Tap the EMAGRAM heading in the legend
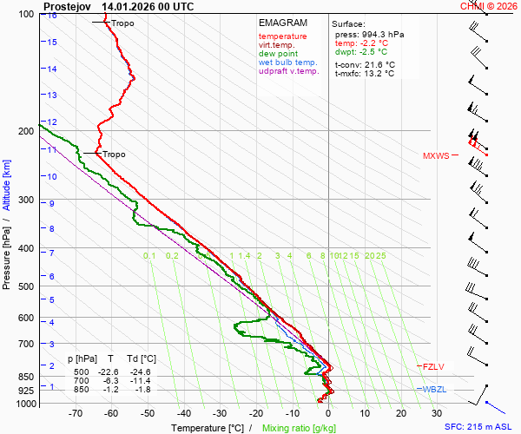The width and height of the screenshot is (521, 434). [x=283, y=23]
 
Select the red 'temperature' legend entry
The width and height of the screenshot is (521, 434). [x=282, y=36]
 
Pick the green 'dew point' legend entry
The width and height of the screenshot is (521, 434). [x=278, y=54]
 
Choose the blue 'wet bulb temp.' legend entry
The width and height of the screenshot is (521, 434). [x=288, y=62]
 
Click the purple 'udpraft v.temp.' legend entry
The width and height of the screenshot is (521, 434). [x=288, y=71]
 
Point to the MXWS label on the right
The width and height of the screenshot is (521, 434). [x=436, y=156]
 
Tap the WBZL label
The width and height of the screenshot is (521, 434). [x=433, y=389]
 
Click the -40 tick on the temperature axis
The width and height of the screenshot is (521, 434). [x=184, y=414]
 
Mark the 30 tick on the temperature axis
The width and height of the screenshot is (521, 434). [x=437, y=414]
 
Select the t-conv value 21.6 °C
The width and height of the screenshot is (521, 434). [x=379, y=64]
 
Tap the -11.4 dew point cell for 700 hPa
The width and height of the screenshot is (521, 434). [x=142, y=380]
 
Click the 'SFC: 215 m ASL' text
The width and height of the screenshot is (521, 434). [x=479, y=427]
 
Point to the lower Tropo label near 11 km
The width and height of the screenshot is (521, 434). [x=114, y=155]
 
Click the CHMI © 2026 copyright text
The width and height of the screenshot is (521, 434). [x=488, y=6]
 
